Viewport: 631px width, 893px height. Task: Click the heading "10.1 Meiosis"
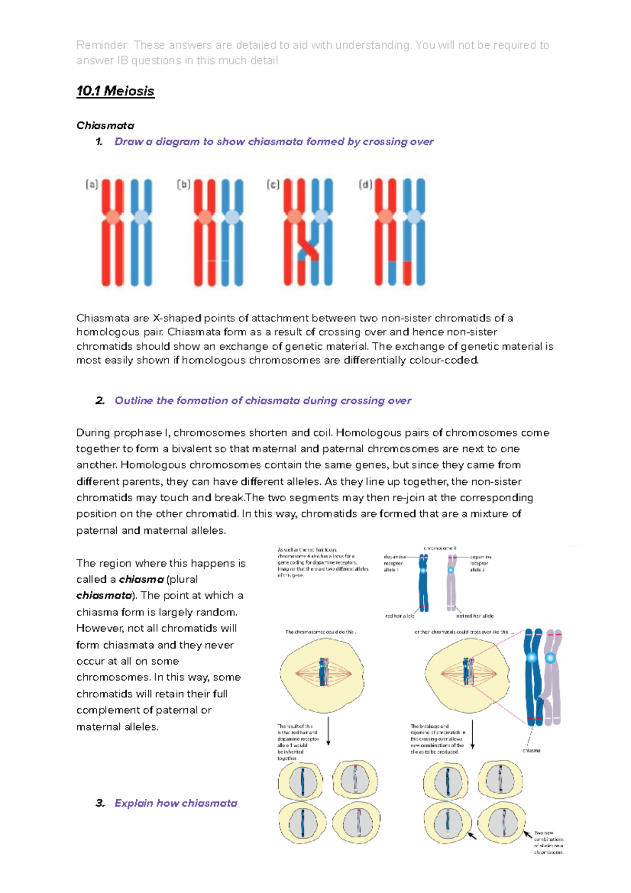(115, 91)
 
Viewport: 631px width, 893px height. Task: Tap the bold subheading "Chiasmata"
(105, 126)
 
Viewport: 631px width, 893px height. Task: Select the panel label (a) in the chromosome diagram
(91, 185)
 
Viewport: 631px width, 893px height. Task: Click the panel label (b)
(183, 185)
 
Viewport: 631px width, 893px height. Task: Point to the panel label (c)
(273, 185)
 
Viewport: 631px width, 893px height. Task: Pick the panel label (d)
(365, 185)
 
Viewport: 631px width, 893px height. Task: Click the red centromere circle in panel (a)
(113, 217)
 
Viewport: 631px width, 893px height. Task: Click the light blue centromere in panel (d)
(414, 216)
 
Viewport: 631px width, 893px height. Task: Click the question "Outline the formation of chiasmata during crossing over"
(262, 401)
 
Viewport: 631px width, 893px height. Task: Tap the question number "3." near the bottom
(100, 803)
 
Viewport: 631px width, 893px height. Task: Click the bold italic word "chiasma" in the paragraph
(141, 580)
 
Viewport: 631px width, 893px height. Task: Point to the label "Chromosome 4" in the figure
(440, 548)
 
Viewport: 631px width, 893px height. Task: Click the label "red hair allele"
(400, 616)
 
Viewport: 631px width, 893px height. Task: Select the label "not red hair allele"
(474, 616)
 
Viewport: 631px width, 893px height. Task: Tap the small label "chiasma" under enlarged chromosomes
(531, 750)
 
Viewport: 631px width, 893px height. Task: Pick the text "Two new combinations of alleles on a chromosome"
(548, 843)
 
